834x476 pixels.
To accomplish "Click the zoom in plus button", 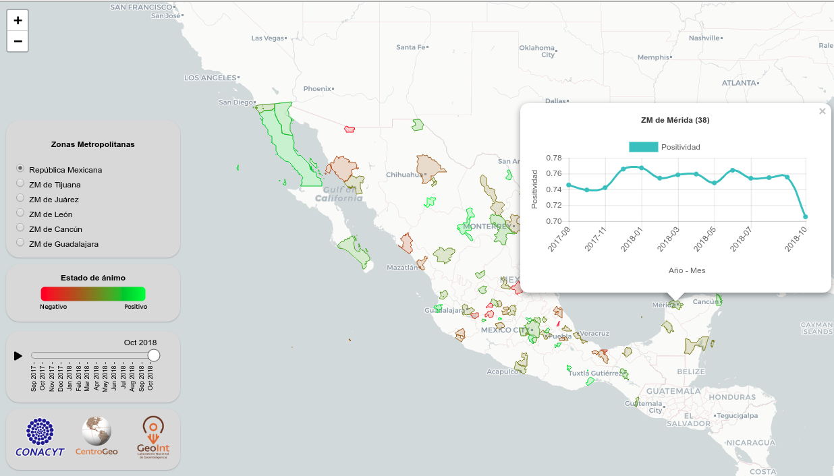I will click(18, 20).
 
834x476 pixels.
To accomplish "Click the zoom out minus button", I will click(18, 41).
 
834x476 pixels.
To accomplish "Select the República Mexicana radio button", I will click(20, 169).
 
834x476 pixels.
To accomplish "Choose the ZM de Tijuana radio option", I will click(20, 183).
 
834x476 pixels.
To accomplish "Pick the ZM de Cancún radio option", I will click(20, 228).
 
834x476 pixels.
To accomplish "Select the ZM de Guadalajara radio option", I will click(20, 243).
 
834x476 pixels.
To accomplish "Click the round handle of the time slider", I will click(154, 355).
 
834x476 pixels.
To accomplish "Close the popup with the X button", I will click(822, 112).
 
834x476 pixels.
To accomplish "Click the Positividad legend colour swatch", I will click(642, 147).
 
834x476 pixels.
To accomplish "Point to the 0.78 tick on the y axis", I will click(553, 158).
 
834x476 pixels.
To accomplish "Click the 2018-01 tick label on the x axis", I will click(632, 239).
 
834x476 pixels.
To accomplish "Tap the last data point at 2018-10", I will click(805, 216).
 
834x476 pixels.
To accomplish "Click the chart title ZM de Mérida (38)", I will click(675, 120).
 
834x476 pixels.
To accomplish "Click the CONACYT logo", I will click(40, 438).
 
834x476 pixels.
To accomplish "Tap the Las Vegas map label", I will click(268, 38).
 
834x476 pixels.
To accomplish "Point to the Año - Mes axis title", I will click(687, 270).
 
